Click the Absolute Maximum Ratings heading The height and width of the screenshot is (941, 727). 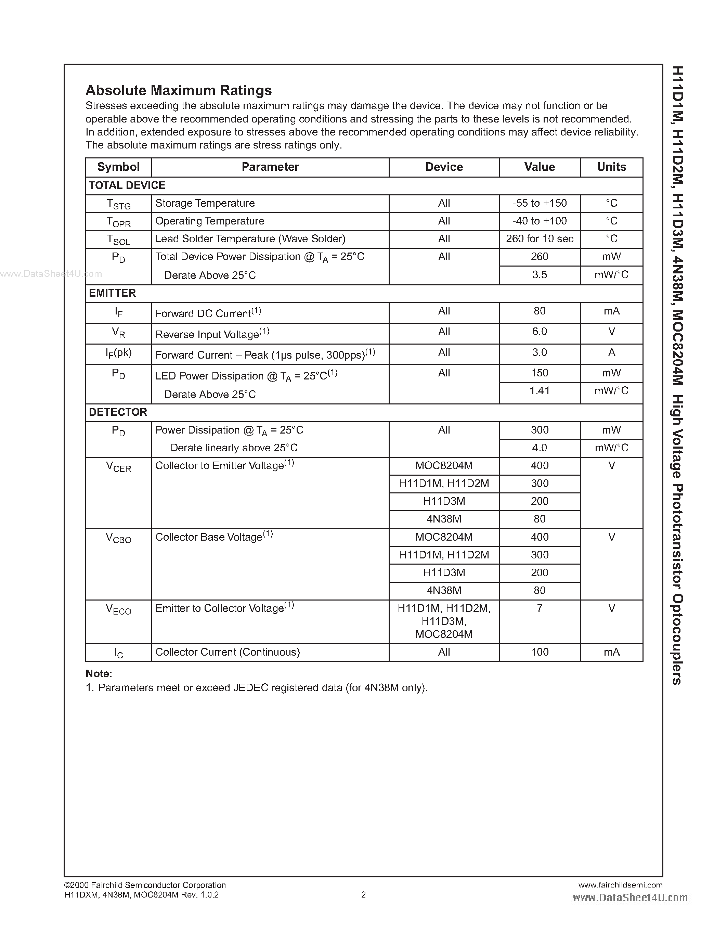pyautogui.click(x=179, y=90)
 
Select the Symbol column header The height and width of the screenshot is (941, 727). pyautogui.click(x=118, y=167)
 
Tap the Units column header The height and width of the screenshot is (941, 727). pyautogui.click(x=611, y=167)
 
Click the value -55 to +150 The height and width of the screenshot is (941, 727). pyautogui.click(x=539, y=203)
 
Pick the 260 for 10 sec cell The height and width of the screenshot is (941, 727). pyautogui.click(x=539, y=239)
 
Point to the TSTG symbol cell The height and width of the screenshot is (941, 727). pyautogui.click(x=118, y=204)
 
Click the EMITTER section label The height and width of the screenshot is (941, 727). pyautogui.click(x=113, y=293)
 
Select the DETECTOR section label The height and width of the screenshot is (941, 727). pyautogui.click(x=118, y=412)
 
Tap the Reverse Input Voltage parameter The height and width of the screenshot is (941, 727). pyautogui.click(x=212, y=334)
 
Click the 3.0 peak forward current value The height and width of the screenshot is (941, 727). pyautogui.click(x=539, y=352)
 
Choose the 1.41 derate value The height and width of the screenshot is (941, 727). pyautogui.click(x=539, y=391)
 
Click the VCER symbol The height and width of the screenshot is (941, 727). pyautogui.click(x=118, y=467)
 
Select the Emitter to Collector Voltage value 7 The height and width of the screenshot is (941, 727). pyautogui.click(x=539, y=608)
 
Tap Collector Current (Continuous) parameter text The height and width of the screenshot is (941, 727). pyautogui.click(x=228, y=652)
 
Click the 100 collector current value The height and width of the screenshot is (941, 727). pyautogui.click(x=539, y=652)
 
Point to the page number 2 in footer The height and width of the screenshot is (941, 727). pyautogui.click(x=363, y=895)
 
